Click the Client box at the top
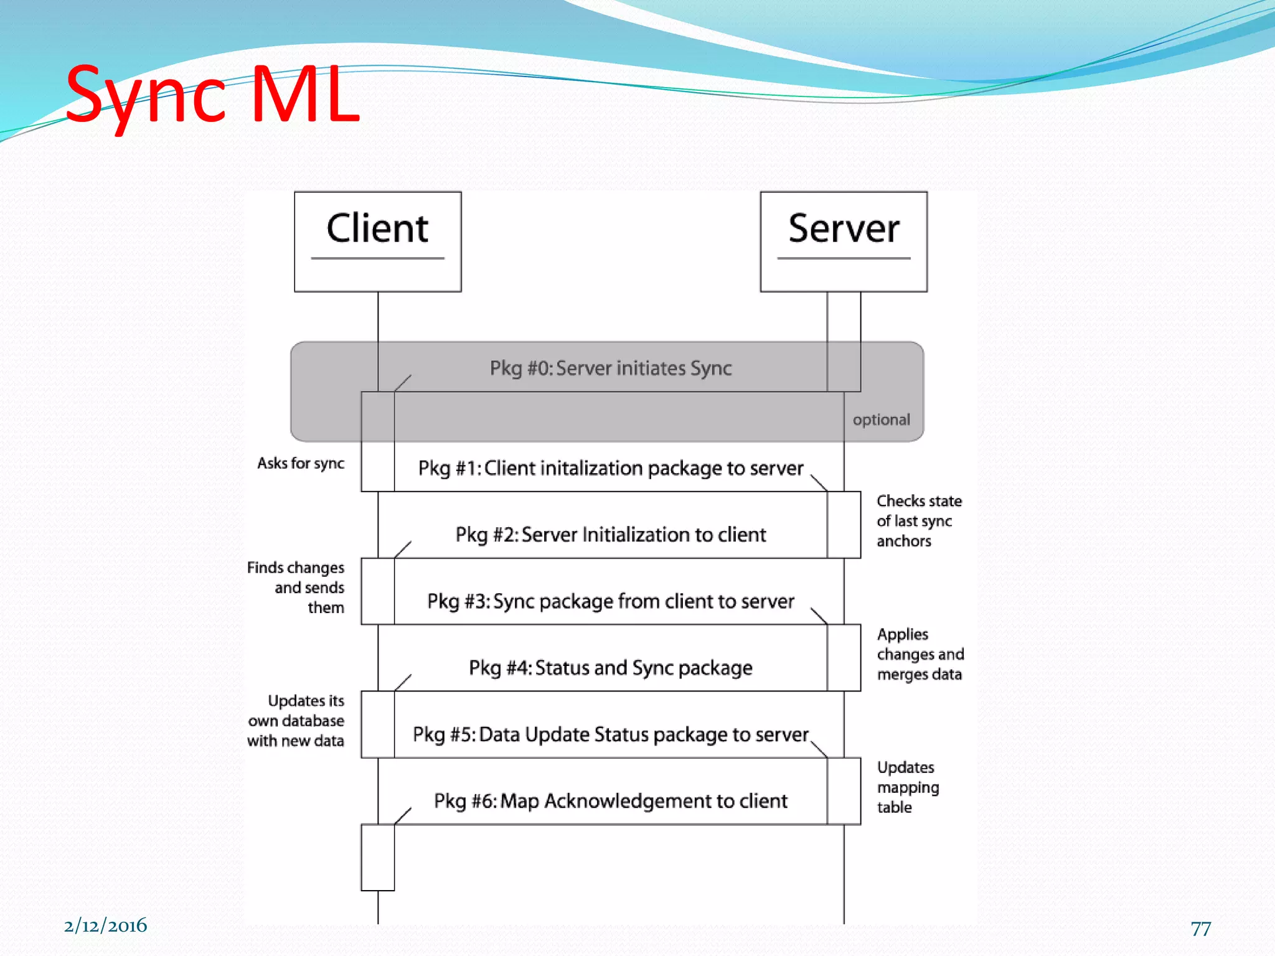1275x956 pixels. click(x=377, y=241)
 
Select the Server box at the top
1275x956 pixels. click(x=844, y=241)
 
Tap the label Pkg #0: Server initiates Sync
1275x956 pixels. click(x=610, y=368)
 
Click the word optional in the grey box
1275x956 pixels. click(x=881, y=420)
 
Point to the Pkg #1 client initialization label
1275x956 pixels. click(x=610, y=468)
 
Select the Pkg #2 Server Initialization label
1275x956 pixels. click(x=610, y=535)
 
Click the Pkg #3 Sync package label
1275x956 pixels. click(x=610, y=601)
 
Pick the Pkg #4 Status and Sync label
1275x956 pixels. click(x=610, y=668)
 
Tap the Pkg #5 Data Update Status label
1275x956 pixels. click(x=610, y=734)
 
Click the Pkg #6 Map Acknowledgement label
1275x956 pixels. click(x=610, y=801)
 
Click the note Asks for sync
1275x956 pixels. click(x=301, y=464)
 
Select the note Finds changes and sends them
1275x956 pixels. click(x=296, y=588)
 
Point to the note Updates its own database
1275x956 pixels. click(x=296, y=721)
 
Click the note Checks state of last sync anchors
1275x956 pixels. click(x=918, y=521)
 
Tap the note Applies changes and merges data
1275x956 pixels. click(x=920, y=654)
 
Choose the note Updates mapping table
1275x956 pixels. click(x=907, y=787)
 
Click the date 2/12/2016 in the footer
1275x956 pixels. click(x=105, y=926)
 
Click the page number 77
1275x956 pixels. click(x=1200, y=929)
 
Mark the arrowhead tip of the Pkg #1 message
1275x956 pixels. click(x=827, y=490)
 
